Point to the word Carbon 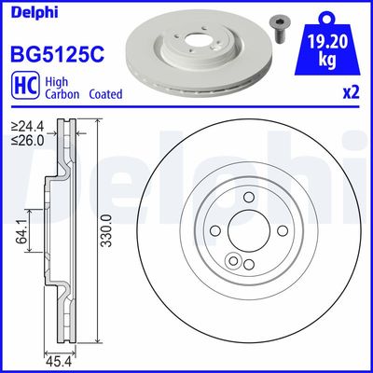click(x=59, y=94)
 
